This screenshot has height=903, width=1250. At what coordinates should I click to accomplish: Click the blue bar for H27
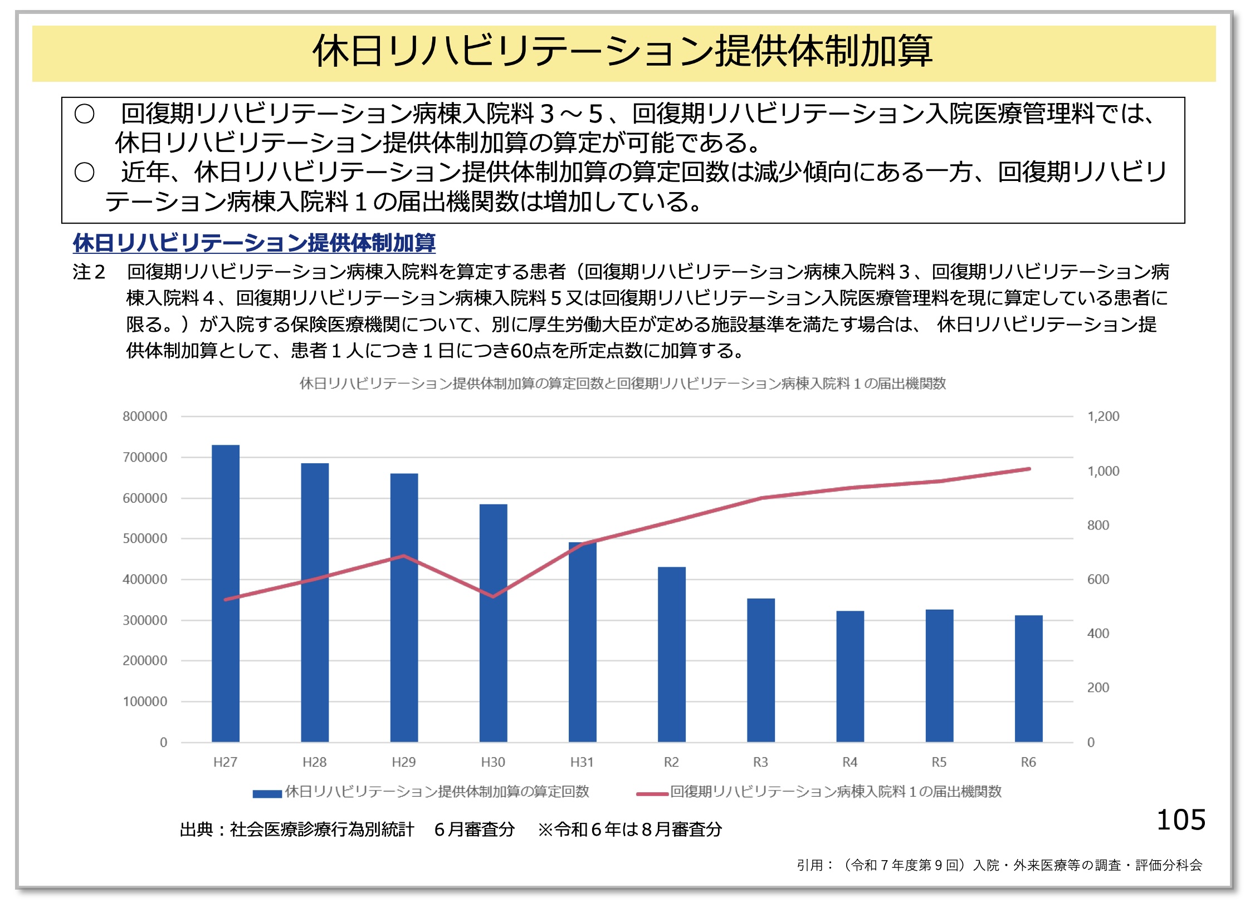tap(226, 593)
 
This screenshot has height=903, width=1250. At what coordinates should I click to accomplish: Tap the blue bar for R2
tap(671, 654)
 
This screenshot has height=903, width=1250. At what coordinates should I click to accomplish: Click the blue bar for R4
tap(850, 676)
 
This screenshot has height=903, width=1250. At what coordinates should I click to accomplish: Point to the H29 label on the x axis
tap(404, 762)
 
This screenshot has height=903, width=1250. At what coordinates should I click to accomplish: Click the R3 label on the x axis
tap(760, 762)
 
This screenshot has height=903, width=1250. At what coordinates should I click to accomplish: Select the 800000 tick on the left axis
tap(145, 416)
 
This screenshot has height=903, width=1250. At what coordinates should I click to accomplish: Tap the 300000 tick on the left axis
tap(145, 620)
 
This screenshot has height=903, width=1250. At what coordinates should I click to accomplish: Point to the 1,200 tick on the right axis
tap(1103, 416)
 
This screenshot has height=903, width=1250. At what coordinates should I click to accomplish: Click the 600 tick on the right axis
tap(1098, 580)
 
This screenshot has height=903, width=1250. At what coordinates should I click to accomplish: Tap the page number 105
tap(1181, 820)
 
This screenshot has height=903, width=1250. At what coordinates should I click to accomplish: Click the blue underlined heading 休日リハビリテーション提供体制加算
tap(254, 243)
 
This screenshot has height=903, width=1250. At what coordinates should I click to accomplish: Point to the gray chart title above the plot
tap(622, 384)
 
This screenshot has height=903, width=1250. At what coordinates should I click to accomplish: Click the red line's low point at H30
tap(493, 596)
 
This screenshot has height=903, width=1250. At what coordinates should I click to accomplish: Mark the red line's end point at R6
tap(1029, 469)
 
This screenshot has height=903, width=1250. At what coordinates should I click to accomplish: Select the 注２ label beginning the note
tap(89, 272)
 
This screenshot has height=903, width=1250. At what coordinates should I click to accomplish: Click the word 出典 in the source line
tap(196, 830)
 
